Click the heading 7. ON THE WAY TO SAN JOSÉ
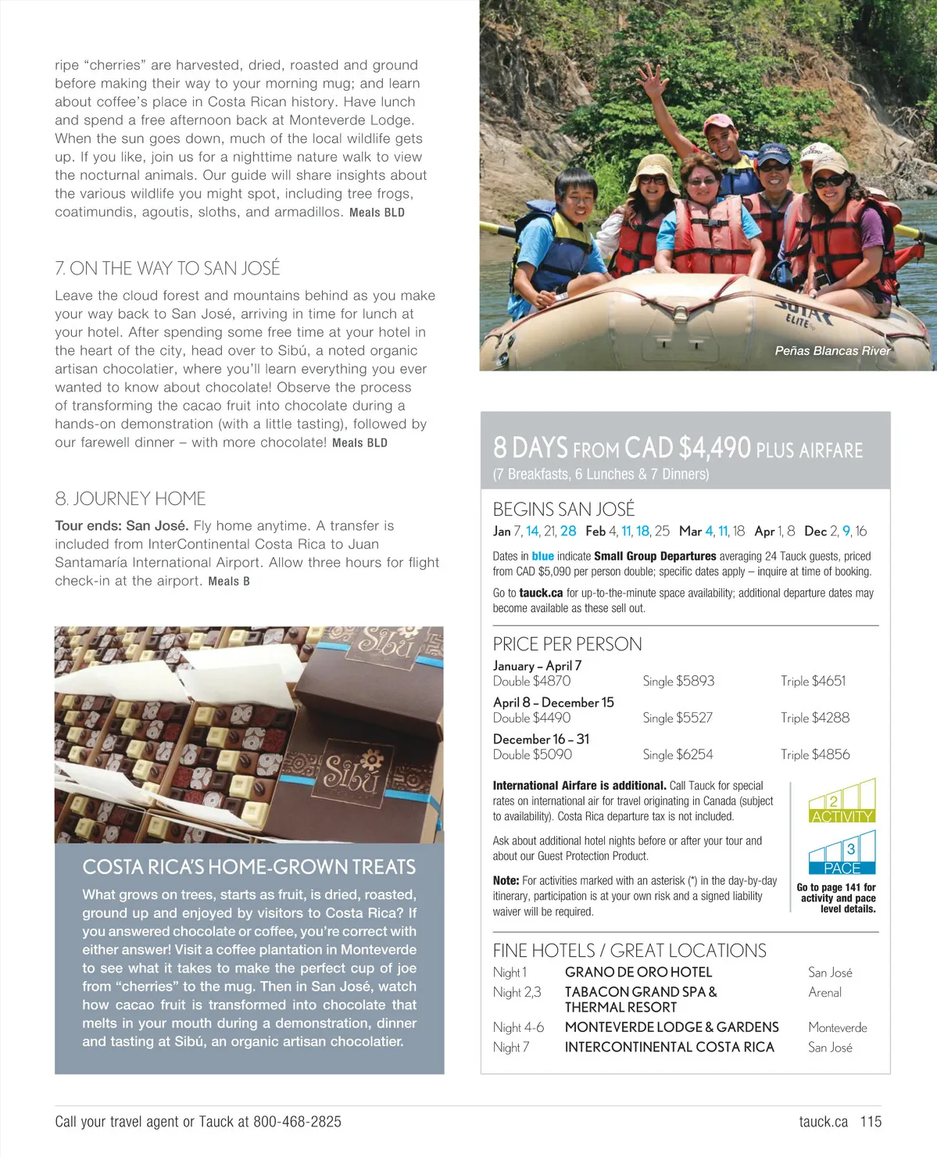[x=167, y=268]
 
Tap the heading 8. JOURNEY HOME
[x=131, y=499]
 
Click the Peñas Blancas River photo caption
[x=832, y=351]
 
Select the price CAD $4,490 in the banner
[x=688, y=448]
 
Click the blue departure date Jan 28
[x=568, y=532]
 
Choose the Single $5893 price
[x=678, y=681]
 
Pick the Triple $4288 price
[x=814, y=718]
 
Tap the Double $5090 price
[x=532, y=754]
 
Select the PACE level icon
[x=842, y=854]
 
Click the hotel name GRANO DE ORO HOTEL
[x=638, y=973]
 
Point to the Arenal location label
[x=824, y=992]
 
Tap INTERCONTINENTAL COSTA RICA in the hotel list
[x=669, y=1047]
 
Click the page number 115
[x=871, y=1122]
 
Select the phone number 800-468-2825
[x=297, y=1122]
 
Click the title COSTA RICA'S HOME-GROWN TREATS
[x=249, y=867]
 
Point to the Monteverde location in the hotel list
[x=837, y=1027]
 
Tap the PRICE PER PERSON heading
[x=567, y=644]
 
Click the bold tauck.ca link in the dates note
[x=541, y=593]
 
